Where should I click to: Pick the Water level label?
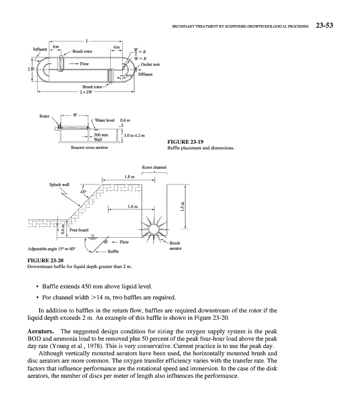point(105,120)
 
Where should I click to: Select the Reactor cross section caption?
point(89,148)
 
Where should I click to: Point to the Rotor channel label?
point(154,168)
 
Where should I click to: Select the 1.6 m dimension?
point(132,207)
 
